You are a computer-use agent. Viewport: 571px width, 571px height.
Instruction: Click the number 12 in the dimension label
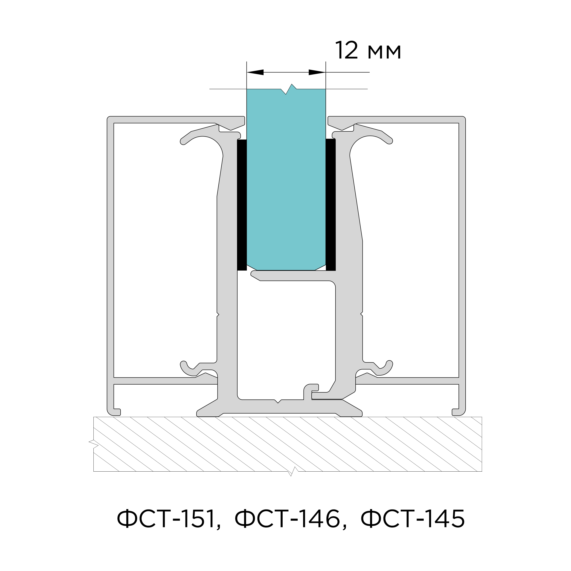point(347,51)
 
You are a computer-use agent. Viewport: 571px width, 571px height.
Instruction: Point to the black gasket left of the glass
point(242,205)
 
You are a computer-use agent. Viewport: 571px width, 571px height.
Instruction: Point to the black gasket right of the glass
point(331,205)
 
